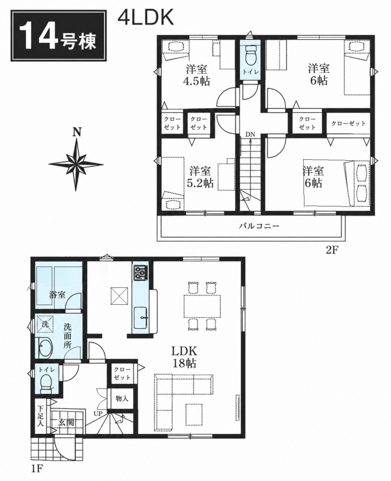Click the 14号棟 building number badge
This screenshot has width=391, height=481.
(59, 35)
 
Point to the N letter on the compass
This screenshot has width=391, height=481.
(77, 132)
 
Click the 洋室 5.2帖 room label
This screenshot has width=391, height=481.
(200, 176)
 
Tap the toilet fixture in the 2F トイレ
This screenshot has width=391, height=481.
(250, 54)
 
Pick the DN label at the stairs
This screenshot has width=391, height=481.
(250, 134)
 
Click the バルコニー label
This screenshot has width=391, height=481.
(259, 226)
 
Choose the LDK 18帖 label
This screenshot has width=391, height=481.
(183, 357)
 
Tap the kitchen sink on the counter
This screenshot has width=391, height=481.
(140, 318)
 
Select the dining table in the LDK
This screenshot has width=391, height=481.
(202, 306)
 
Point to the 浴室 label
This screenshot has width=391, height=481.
(57, 295)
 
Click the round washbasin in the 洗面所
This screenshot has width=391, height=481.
(45, 348)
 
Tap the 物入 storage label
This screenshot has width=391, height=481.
(122, 398)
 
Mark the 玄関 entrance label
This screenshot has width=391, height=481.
(66, 422)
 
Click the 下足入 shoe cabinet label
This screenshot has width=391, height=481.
(40, 416)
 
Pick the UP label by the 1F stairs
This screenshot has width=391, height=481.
(98, 413)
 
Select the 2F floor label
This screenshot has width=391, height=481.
(332, 249)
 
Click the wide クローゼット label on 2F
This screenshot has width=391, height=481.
(348, 123)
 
